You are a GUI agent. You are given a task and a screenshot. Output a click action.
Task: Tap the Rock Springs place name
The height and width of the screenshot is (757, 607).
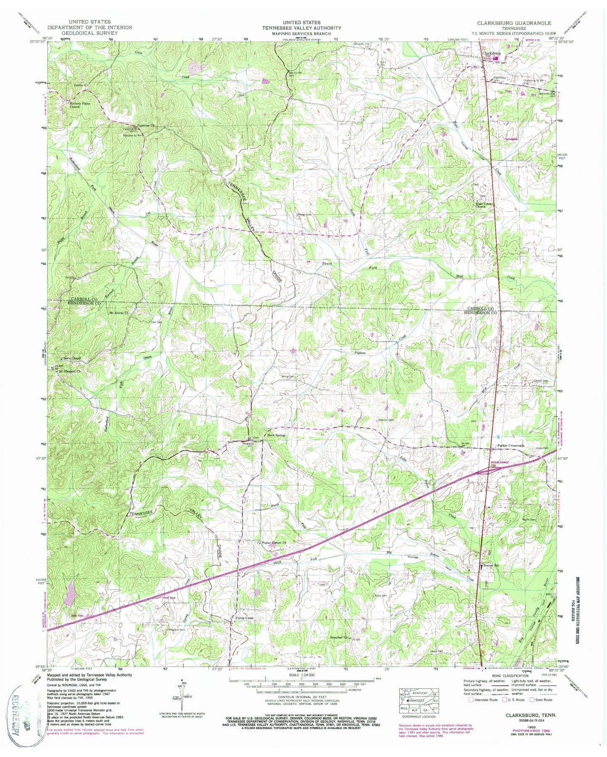[276, 435]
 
